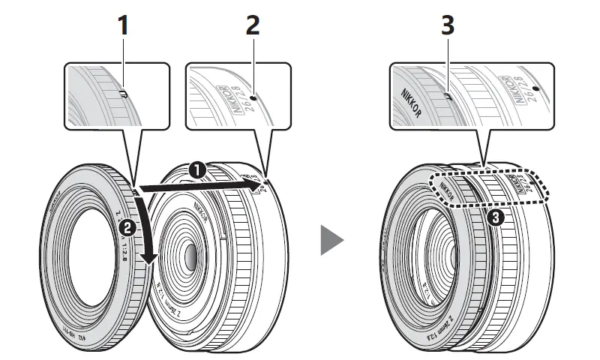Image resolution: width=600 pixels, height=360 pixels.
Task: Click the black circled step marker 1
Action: pos(197,171)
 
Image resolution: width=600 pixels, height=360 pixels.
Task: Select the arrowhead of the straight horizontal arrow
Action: pos(256,181)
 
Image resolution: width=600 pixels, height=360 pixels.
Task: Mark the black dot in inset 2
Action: pos(255,97)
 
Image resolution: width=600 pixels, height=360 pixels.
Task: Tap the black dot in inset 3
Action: pos(534,88)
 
